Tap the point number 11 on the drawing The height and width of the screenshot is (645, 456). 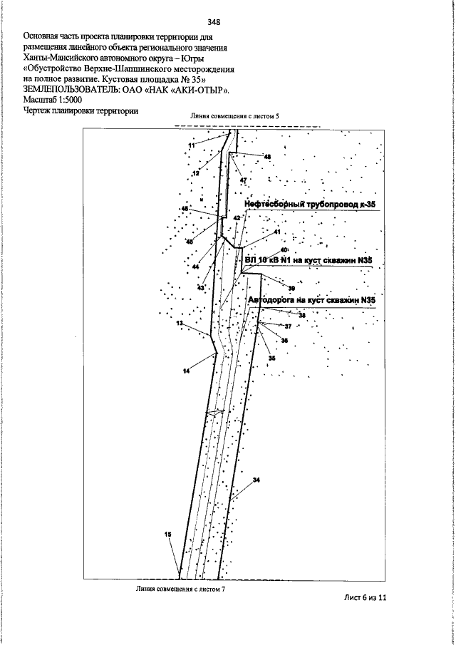point(191,145)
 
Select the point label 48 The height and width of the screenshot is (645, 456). point(267,157)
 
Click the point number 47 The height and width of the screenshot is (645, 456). point(243,180)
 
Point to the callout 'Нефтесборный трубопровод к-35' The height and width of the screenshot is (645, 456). point(310,205)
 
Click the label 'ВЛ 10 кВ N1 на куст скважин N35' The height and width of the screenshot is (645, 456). point(309,262)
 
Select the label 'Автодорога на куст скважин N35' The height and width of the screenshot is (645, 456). point(311,301)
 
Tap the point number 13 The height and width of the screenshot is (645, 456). point(180,324)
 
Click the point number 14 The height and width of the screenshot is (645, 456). point(186,371)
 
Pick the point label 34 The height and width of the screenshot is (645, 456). point(256,480)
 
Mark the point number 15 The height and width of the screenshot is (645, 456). point(168,535)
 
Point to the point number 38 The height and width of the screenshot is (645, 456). point(301,315)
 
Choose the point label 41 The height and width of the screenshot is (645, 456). point(276,232)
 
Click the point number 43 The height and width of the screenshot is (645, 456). point(201,287)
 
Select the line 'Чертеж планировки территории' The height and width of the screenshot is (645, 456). point(80,110)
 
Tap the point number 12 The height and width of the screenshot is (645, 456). point(195,173)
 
